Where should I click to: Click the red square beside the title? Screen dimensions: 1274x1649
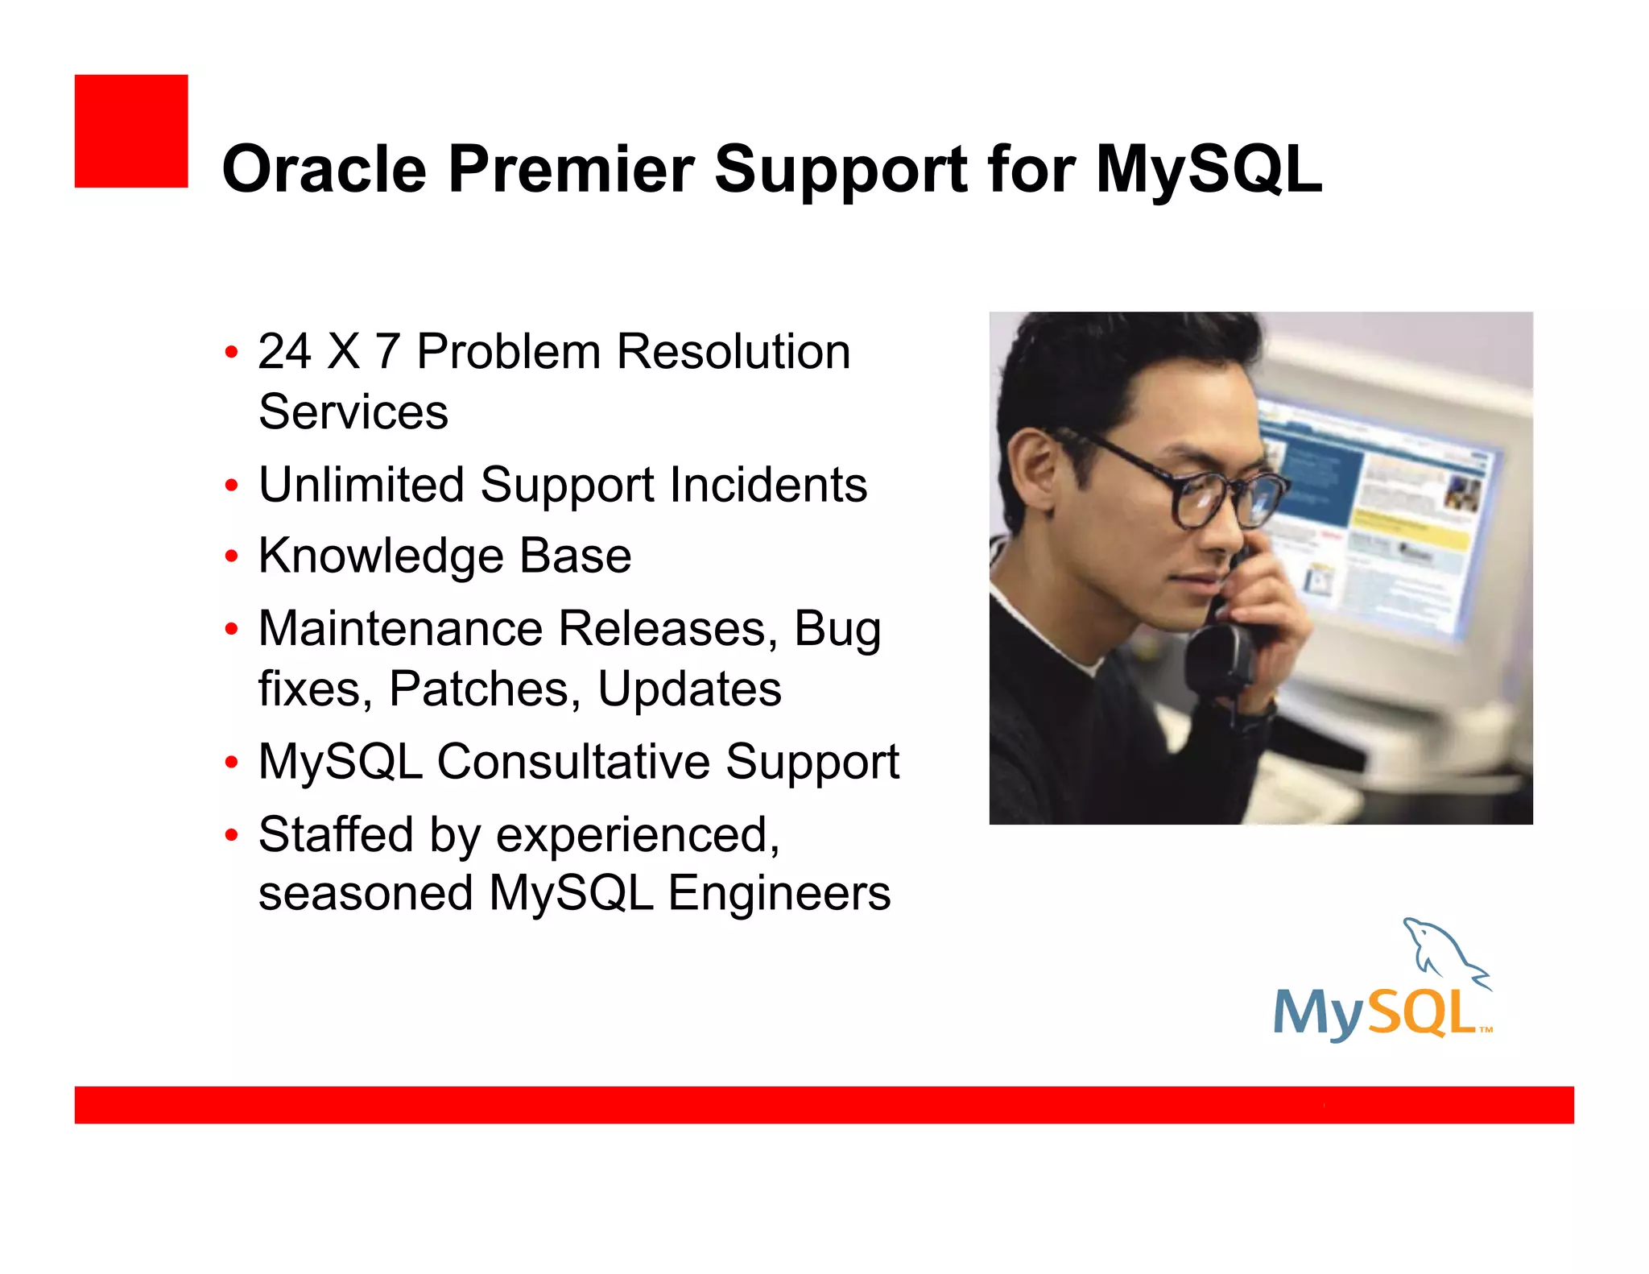131,131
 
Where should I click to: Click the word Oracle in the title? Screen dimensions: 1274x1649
324,169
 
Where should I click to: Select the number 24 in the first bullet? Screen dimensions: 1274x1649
284,352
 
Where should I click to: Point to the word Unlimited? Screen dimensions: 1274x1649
362,485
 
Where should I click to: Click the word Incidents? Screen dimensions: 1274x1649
768,485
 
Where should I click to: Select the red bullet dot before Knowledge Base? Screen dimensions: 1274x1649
232,556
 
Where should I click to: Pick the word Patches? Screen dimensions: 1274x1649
481,689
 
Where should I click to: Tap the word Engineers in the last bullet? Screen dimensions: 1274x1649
779,893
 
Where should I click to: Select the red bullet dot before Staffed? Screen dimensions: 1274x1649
232,834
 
